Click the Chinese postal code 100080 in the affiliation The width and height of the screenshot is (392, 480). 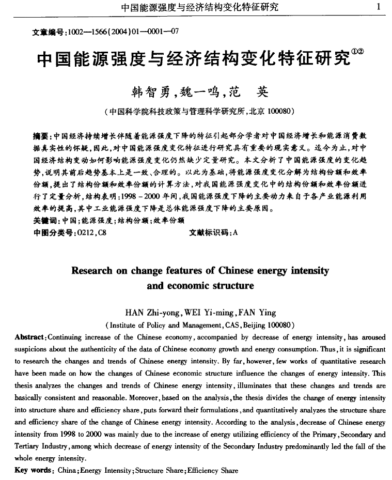pos(280,111)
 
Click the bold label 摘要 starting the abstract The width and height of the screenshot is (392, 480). pos(41,136)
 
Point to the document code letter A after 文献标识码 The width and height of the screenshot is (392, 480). pos(235,232)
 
